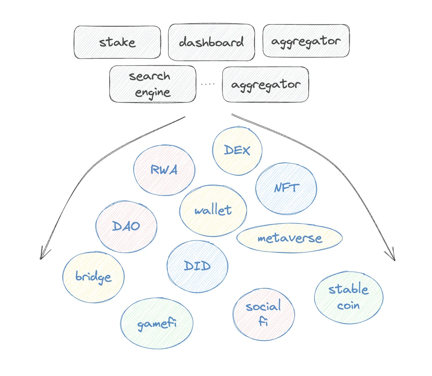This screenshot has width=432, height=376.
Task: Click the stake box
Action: [x=117, y=42]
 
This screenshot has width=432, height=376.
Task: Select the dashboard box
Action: [x=211, y=42]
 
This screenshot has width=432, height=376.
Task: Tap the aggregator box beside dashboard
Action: [x=306, y=41]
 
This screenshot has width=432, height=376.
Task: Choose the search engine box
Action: [x=153, y=84]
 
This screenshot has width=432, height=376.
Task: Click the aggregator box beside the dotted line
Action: [x=266, y=84]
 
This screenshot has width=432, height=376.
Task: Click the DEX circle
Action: [x=237, y=151]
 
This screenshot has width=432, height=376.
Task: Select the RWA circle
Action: [x=164, y=170]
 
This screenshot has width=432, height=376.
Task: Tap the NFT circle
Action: [x=286, y=188]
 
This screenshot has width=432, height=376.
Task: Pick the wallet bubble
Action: [x=213, y=210]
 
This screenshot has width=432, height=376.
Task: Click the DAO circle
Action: [x=126, y=226]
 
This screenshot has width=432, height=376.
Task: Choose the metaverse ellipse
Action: [x=290, y=239]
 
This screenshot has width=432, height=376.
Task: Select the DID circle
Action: [x=197, y=266]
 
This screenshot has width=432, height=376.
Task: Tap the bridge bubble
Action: [x=93, y=277]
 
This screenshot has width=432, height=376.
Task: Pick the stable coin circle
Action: [x=348, y=297]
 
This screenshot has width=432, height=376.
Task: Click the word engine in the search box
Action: [x=153, y=92]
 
